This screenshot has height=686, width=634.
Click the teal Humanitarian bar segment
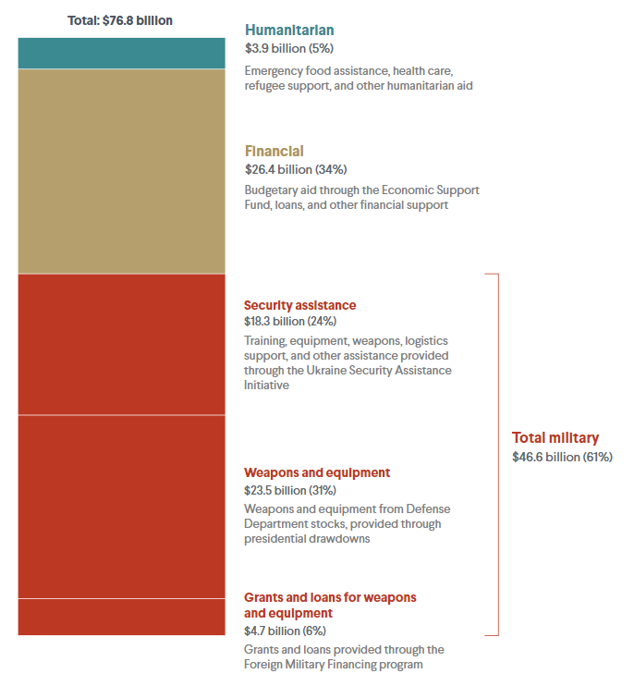pos(122,53)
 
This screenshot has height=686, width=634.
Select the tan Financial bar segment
pos(122,171)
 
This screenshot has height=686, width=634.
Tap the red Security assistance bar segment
pos(122,344)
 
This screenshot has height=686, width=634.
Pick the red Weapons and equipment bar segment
pos(122,507)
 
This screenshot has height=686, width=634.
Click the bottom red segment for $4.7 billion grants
pos(122,617)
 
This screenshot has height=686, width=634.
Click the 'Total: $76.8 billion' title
pos(120,20)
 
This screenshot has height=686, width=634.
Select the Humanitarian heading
pos(289,31)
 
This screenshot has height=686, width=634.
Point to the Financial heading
pos(274,151)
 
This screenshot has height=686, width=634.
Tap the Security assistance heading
pos(300,305)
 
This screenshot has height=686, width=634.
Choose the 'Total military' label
pos(555,437)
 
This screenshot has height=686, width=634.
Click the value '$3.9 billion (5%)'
pos(289,48)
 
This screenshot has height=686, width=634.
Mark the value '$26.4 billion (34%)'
pos(296,169)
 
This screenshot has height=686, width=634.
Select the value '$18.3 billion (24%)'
pos(290,321)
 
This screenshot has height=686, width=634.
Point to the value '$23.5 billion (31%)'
pos(290,490)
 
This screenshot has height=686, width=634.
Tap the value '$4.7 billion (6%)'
pos(285,631)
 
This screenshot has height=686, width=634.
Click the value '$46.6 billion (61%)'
pos(562,457)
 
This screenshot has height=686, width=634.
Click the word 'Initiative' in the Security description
pos(266,385)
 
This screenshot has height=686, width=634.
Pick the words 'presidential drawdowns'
pos(307,539)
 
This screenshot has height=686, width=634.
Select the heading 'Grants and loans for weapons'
pos(330,597)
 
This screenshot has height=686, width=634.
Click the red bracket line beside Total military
pos(498,455)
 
